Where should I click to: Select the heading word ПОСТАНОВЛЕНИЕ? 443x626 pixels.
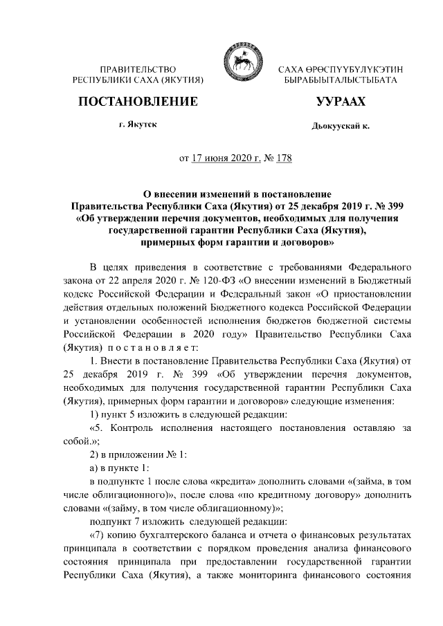(138, 102)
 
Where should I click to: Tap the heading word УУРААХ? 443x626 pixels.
(341, 102)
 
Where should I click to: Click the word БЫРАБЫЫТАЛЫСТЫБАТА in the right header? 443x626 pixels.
(341, 81)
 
